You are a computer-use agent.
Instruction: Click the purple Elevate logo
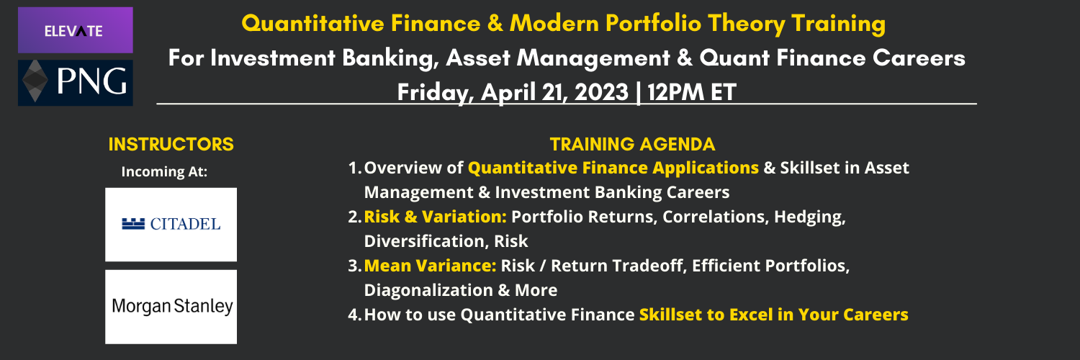coord(75,30)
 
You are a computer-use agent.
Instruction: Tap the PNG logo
coord(75,82)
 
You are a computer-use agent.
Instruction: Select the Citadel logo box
coord(171,225)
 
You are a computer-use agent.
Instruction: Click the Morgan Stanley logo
coord(171,307)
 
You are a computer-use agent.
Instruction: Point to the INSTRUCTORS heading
coord(171,144)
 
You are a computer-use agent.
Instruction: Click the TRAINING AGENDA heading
coord(633,144)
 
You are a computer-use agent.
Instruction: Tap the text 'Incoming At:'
coord(164,171)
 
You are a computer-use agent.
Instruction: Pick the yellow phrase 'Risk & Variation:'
coord(436,217)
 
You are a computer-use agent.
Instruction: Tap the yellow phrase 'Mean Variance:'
coord(430,266)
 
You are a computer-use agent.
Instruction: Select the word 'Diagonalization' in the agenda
coord(428,291)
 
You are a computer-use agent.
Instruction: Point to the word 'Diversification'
coord(426,241)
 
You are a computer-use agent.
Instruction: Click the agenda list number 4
coord(354,315)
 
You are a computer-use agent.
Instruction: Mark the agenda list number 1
coord(354,168)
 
